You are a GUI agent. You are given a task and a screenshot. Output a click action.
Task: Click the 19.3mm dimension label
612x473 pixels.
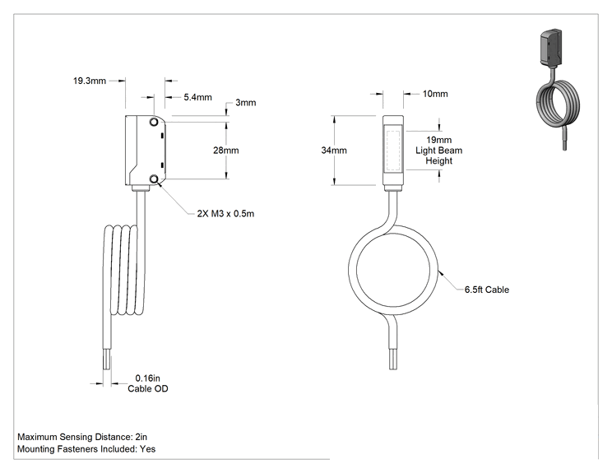(90, 81)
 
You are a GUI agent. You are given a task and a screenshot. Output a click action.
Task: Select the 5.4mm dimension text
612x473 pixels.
(198, 97)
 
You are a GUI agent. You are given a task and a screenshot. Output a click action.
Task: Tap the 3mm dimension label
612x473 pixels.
(245, 103)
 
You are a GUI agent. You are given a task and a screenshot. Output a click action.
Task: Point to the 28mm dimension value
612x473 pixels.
(226, 151)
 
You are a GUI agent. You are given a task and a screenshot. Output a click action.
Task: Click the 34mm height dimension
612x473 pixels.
(334, 151)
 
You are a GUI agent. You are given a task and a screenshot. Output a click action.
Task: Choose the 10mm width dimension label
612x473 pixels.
(435, 94)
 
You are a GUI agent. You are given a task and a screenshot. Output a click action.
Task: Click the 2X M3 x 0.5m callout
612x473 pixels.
(225, 214)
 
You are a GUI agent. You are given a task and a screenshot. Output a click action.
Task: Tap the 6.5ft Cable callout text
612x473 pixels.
(487, 290)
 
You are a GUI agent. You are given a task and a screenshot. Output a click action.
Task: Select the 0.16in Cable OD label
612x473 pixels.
(148, 383)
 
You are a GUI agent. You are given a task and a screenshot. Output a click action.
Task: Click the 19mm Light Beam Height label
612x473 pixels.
(438, 151)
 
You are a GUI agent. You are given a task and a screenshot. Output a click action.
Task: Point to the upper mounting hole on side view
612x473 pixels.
(154, 122)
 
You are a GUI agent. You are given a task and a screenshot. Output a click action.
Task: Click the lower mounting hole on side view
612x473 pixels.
(154, 179)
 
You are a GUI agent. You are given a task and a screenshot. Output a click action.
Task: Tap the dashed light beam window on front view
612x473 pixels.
(393, 150)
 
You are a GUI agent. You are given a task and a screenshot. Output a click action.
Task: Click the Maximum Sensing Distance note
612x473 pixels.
(82, 437)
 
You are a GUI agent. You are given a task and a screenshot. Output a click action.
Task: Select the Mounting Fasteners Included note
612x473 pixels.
(86, 449)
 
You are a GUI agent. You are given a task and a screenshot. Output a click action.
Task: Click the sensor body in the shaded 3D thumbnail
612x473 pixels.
(550, 47)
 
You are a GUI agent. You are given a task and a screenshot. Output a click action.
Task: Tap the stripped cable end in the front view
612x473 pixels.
(393, 359)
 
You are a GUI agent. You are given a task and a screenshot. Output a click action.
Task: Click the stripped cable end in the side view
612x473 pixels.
(107, 359)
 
